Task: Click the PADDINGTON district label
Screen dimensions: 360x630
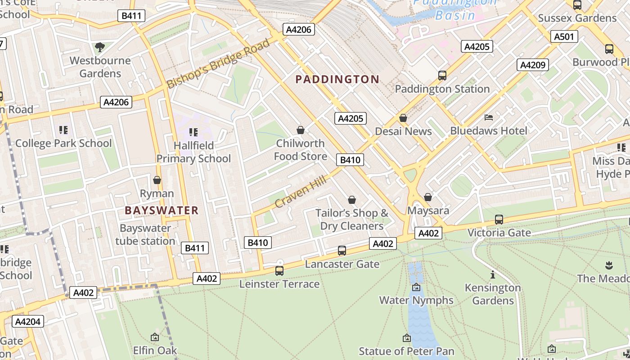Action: tap(337, 80)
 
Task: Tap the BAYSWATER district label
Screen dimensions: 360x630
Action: tap(162, 210)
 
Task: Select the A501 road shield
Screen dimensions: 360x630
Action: tap(564, 36)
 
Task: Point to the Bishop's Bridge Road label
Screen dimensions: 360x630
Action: tap(218, 63)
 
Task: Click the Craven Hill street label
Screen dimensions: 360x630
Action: tap(300, 192)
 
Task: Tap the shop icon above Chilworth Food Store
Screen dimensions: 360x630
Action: tap(301, 130)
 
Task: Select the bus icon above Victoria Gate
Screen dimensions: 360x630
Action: tap(499, 220)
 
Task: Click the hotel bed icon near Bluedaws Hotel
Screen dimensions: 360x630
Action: tap(489, 117)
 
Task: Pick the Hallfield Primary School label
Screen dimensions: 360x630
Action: tap(193, 152)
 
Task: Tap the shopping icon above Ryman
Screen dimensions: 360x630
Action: tap(157, 180)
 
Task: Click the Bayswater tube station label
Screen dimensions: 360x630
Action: tap(145, 234)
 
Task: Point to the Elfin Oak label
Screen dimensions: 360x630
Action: tap(155, 350)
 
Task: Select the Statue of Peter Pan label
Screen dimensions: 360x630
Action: tap(406, 351)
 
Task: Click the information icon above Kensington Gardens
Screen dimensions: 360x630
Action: tap(493, 274)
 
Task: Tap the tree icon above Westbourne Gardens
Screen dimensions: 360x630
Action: tap(100, 47)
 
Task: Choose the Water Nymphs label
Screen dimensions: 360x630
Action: tap(416, 300)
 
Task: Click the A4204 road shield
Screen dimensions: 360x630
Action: tap(28, 321)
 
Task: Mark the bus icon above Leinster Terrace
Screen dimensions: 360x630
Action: tap(279, 271)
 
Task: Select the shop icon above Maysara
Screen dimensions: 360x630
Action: tap(428, 198)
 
